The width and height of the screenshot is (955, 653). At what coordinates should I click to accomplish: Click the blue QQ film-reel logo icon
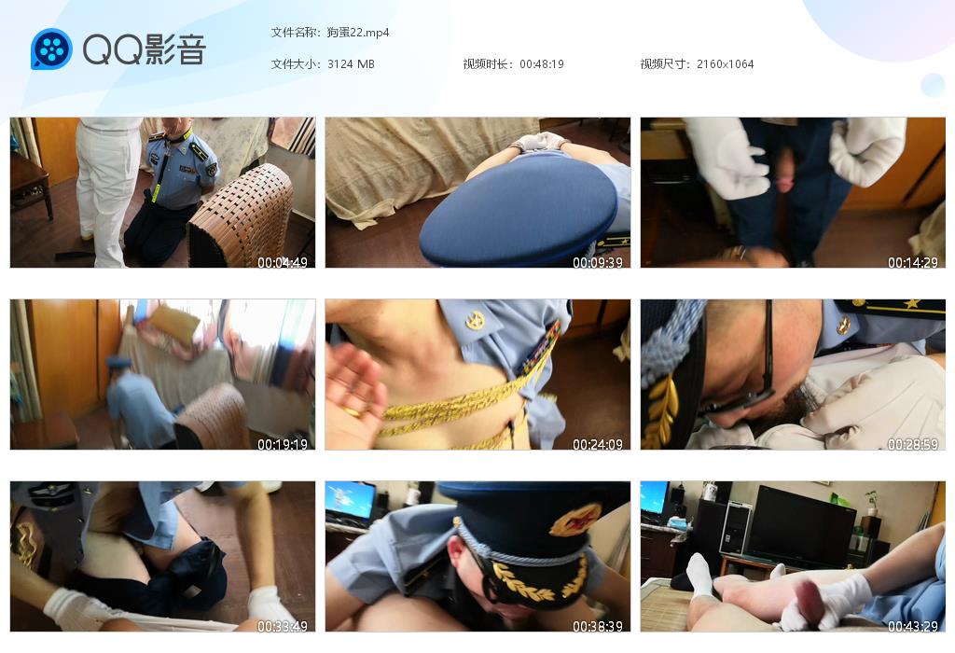coord(51,49)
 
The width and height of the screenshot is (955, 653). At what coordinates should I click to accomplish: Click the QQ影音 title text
coord(145,49)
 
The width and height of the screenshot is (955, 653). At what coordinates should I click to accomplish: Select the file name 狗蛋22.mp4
coord(357,33)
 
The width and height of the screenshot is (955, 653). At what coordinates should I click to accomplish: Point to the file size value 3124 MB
coord(351,64)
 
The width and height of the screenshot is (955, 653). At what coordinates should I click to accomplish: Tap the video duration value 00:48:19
coord(542,64)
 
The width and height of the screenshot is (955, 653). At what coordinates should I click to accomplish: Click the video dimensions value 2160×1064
coord(725,64)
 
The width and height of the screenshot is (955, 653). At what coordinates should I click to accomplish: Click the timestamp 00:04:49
coord(282,262)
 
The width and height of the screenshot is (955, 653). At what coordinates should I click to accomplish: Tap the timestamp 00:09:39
coord(598,262)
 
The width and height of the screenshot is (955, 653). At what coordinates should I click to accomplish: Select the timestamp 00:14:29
coord(912,262)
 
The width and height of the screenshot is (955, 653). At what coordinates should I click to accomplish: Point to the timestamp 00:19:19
coord(282,444)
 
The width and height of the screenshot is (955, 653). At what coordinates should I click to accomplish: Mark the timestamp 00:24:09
coord(598,444)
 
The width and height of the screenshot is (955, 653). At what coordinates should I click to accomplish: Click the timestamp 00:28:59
coord(912,444)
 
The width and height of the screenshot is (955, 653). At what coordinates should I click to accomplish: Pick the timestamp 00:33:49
coord(282,626)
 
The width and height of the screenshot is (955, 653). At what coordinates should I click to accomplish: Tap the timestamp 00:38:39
coord(598,626)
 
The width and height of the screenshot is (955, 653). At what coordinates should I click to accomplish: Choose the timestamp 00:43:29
coord(912,626)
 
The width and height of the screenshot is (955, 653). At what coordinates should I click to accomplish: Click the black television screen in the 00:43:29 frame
coord(801,527)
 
